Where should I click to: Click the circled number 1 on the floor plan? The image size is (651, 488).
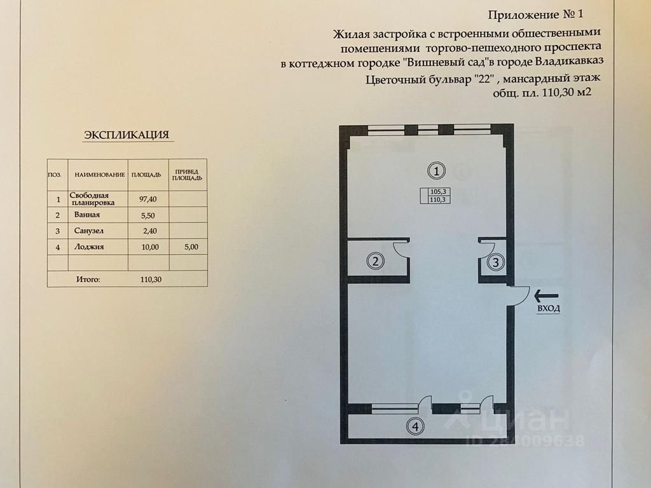click(436, 170)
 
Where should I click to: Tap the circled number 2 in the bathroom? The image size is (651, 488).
click(375, 261)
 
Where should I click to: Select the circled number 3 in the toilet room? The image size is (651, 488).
click(496, 262)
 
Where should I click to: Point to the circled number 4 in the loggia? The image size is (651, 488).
click(416, 426)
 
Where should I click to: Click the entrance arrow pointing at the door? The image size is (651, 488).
click(546, 296)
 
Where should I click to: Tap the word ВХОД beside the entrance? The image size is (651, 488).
click(549, 309)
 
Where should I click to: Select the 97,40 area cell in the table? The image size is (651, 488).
click(147, 199)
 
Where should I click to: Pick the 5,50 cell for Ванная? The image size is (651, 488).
click(147, 216)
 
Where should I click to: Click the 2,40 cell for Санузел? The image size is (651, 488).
click(149, 231)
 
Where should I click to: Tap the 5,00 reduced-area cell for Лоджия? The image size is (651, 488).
click(191, 247)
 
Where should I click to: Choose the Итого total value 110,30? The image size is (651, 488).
click(151, 280)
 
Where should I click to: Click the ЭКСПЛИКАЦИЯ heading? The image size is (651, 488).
click(127, 135)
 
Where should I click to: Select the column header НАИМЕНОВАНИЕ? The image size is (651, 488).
click(100, 175)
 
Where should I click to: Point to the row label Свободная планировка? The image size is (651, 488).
click(92, 199)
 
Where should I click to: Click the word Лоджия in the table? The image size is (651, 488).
click(89, 247)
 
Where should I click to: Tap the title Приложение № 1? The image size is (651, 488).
click(535, 15)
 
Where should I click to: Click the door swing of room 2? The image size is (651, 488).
click(401, 249)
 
